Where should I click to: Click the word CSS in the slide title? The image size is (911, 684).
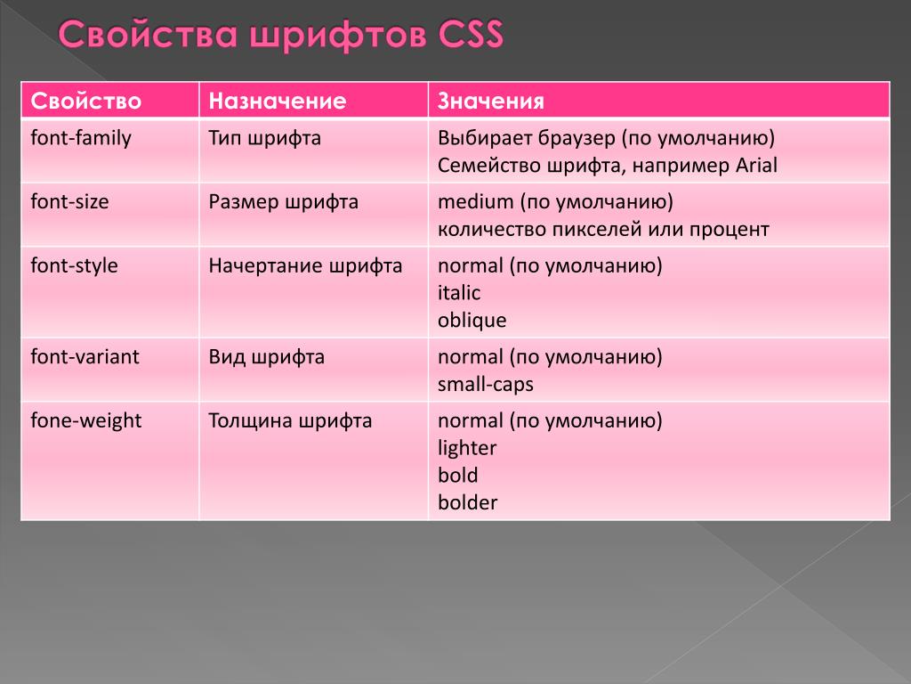[471, 34]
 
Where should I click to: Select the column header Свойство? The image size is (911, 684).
[86, 102]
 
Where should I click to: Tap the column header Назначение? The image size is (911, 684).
[278, 102]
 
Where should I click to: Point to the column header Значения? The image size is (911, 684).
[491, 102]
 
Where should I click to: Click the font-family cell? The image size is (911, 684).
[81, 138]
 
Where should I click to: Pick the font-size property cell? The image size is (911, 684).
[69, 202]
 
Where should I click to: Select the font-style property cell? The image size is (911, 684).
[75, 265]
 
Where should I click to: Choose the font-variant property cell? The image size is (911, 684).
[85, 356]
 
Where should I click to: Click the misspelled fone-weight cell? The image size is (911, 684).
[86, 421]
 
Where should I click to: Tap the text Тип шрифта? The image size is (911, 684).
[265, 138]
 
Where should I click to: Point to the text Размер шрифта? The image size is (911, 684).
[284, 202]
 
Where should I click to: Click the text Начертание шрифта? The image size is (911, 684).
[306, 265]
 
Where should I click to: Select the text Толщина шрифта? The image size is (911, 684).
[291, 421]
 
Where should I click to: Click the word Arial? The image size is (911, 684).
[756, 166]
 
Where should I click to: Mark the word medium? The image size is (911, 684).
[476, 202]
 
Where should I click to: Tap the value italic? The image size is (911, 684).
[459, 292]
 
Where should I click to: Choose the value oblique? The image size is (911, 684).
[472, 321]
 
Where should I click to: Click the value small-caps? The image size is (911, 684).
[486, 385]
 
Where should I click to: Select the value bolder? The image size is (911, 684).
[468, 502]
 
